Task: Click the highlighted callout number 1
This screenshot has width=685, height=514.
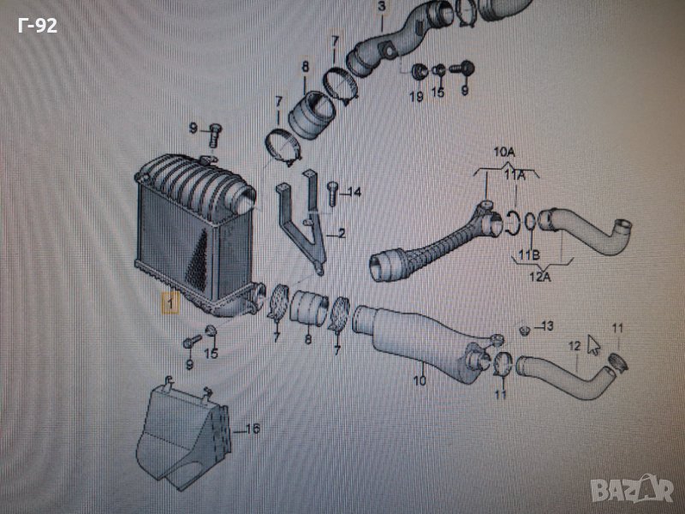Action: (170, 303)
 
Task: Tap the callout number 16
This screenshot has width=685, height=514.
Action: (253, 429)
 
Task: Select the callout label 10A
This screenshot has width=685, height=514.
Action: (504, 152)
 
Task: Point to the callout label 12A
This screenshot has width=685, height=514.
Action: (540, 276)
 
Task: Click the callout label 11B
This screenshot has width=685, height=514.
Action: (529, 254)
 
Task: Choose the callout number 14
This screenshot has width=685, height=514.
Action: (354, 192)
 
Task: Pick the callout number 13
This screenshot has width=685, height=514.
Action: (547, 326)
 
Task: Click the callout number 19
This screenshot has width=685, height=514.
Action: (416, 96)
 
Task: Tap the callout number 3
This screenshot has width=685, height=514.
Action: (382, 7)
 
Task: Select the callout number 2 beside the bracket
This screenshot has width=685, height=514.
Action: (341, 233)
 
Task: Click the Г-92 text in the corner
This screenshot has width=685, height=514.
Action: (38, 26)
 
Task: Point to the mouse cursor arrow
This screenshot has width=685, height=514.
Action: (593, 345)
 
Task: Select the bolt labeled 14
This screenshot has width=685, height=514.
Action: (332, 194)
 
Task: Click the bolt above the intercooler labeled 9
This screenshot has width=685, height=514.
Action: (215, 135)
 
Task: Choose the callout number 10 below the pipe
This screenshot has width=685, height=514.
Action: (420, 380)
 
